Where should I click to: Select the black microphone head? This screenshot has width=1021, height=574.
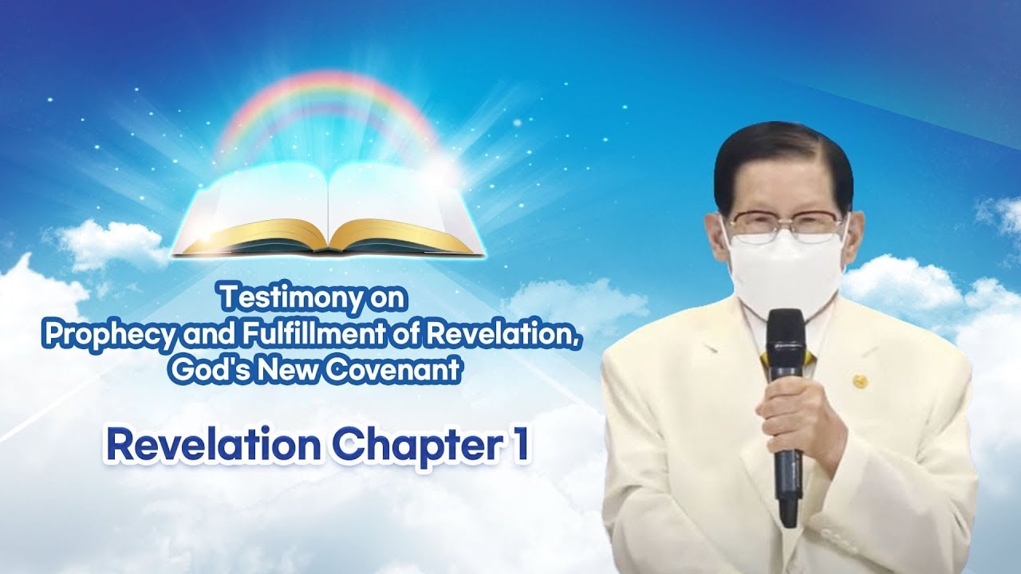click(786, 335)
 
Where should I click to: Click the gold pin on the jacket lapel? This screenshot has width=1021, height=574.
click(859, 381)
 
